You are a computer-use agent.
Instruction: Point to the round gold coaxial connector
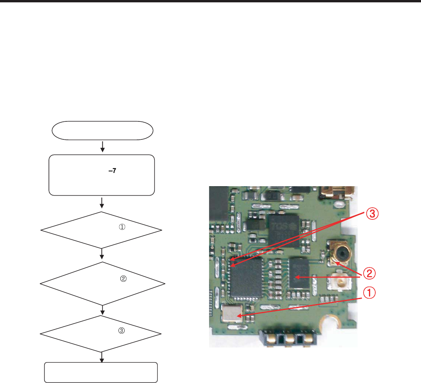pos(339,253)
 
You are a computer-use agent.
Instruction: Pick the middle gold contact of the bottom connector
pos(288,338)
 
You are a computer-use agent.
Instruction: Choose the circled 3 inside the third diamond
pos(121,330)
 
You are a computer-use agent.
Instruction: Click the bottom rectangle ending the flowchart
pos(102,372)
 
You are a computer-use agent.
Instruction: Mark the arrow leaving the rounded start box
pos(102,147)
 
